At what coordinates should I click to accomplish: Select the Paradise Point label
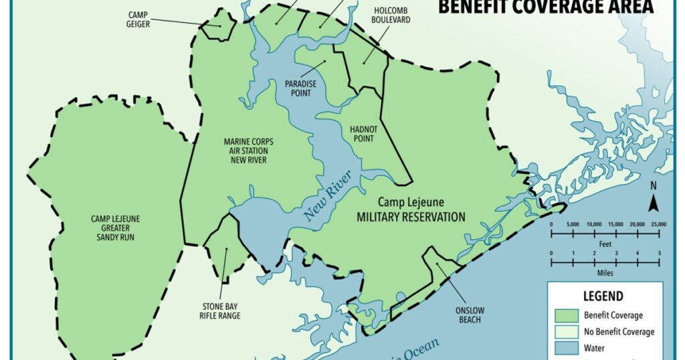point(298,88)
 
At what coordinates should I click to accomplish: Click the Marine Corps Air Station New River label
point(248,151)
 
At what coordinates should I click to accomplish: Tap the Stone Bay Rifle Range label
point(221,311)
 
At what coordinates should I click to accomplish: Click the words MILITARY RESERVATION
point(411,217)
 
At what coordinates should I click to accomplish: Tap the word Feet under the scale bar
point(604,244)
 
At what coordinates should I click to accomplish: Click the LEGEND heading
point(603,296)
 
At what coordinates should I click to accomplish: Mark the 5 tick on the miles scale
point(659,253)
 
